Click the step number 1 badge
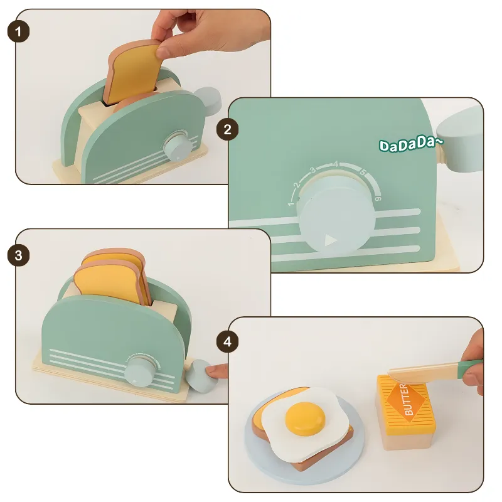click(x=18, y=32)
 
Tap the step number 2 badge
click(x=227, y=129)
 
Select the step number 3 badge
click(x=18, y=255)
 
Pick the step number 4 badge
click(x=227, y=341)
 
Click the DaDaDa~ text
click(x=411, y=144)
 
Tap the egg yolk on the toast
click(x=305, y=417)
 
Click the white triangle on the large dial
click(x=331, y=240)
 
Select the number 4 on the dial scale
click(x=335, y=164)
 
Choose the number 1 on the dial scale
click(x=291, y=203)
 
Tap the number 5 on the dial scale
click(x=363, y=172)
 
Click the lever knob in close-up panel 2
click(x=461, y=139)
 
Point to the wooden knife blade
click(x=423, y=371)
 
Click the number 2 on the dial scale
click(x=297, y=184)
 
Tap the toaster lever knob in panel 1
click(x=208, y=100)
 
